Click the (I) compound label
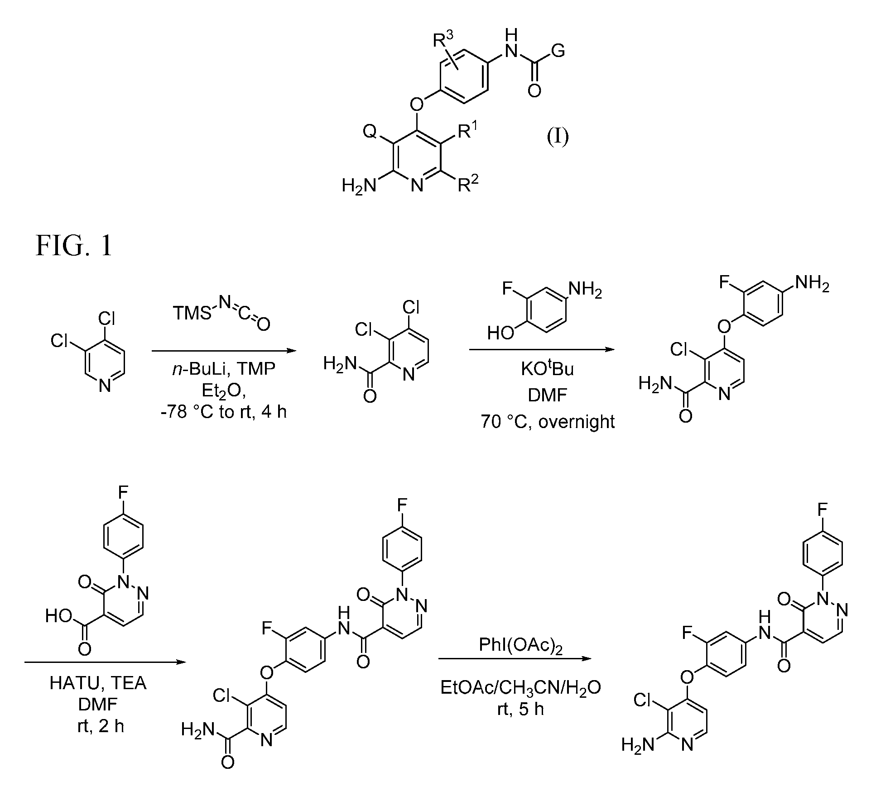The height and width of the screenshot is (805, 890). click(557, 136)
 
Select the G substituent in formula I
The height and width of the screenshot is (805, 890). click(558, 51)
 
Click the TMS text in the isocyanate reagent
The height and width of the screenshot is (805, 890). click(192, 313)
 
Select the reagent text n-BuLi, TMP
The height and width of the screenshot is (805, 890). click(224, 369)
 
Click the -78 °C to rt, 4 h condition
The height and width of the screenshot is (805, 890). click(224, 412)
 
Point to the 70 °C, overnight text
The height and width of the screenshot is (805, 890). click(548, 422)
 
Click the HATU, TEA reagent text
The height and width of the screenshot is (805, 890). click(98, 683)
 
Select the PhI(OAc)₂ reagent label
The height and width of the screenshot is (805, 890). click(520, 646)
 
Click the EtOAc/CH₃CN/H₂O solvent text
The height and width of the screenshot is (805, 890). click(521, 688)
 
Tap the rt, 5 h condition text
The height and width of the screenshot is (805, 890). click(521, 709)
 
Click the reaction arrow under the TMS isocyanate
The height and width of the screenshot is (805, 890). click(224, 351)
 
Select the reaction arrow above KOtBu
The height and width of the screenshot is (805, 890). click(542, 349)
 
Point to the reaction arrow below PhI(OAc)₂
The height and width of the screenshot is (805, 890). click(515, 658)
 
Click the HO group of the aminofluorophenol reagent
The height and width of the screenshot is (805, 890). click(501, 333)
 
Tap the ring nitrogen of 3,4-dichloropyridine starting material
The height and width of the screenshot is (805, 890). click(105, 386)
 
